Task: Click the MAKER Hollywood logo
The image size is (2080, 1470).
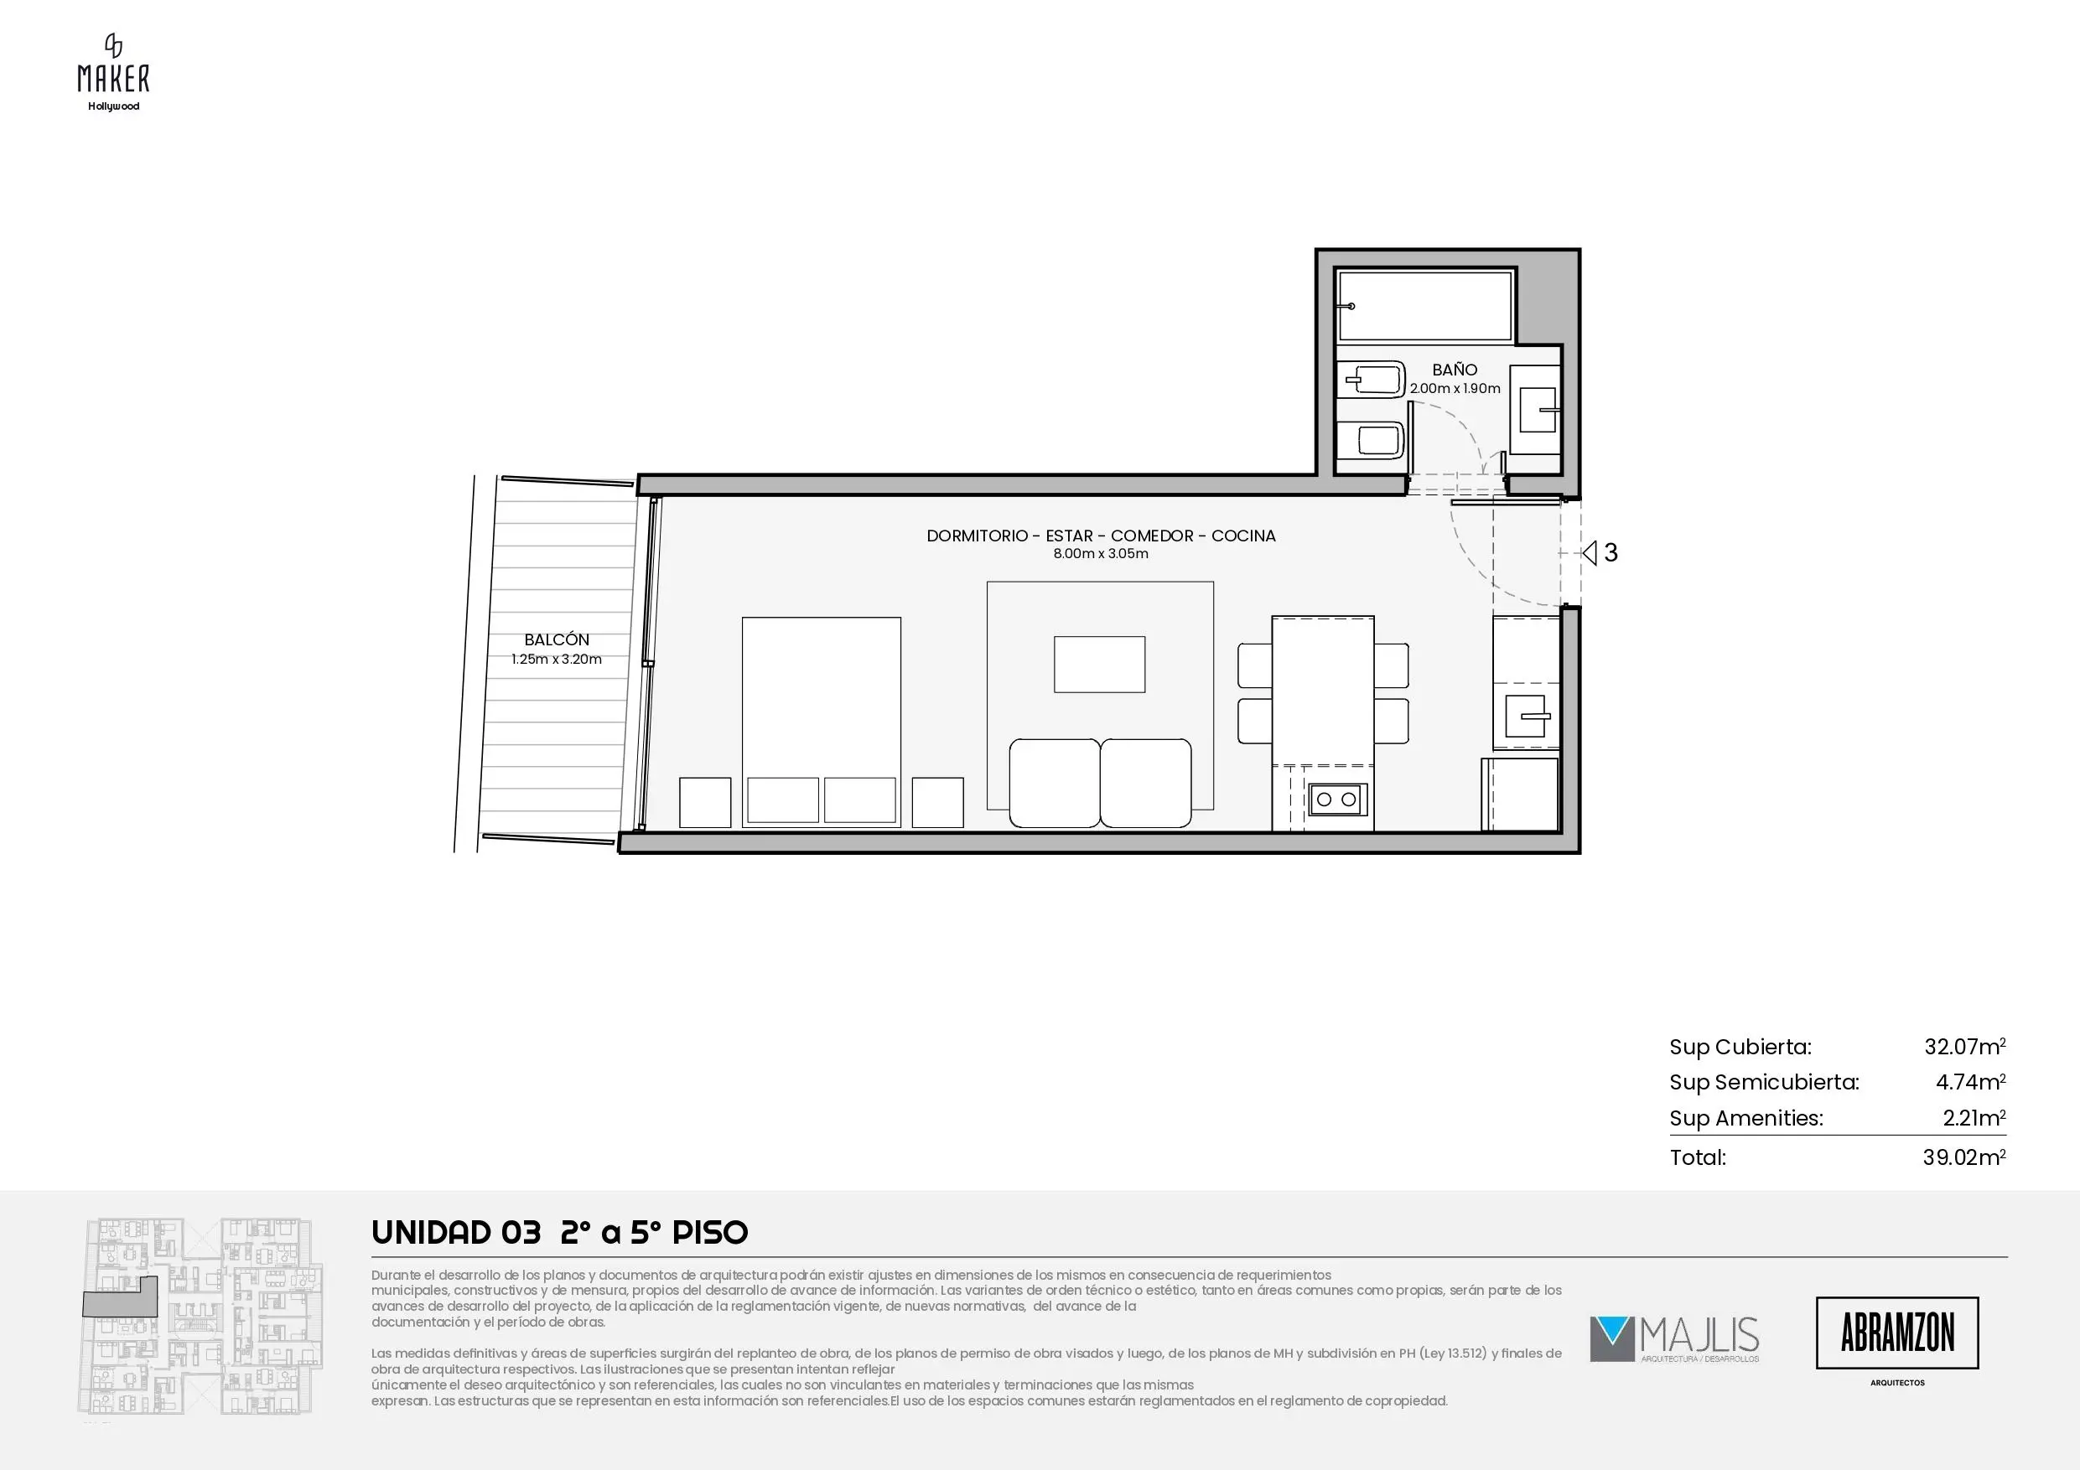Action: tap(113, 72)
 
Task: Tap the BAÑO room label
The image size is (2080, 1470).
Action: tap(1454, 370)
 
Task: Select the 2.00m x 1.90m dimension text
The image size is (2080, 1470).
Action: tap(1455, 389)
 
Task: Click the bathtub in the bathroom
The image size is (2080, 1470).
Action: tap(1425, 305)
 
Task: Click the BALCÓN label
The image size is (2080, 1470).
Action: tap(556, 639)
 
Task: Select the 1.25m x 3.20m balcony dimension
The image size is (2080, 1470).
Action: tap(556, 660)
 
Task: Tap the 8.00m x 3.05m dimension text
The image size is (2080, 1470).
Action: tap(1101, 553)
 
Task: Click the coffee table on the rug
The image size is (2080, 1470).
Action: tap(1099, 664)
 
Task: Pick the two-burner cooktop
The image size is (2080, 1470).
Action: tap(1336, 799)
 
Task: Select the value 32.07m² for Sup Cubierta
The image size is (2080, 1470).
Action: tap(1964, 1047)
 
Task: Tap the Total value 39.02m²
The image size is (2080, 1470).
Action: tap(1964, 1157)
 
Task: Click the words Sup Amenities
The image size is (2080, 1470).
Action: tap(1745, 1119)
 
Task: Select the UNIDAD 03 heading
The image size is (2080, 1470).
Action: tap(457, 1233)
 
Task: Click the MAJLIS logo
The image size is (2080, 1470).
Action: tap(1674, 1339)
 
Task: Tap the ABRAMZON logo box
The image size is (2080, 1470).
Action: tap(1897, 1333)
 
